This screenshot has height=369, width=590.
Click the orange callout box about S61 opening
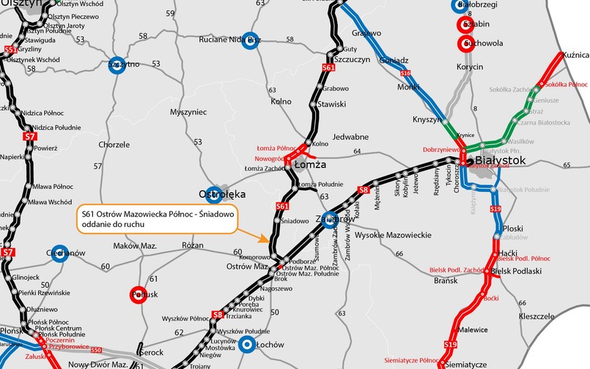pos(156,219)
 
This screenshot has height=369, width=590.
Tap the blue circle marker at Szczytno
pos(116,64)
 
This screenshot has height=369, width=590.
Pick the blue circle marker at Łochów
pos(248,343)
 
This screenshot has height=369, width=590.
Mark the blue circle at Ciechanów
pos(59,253)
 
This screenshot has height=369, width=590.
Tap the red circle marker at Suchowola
pos(463,44)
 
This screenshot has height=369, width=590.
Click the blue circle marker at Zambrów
pos(329,217)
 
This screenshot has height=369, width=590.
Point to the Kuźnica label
pos(575,55)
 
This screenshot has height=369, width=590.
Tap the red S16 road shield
pos(405,73)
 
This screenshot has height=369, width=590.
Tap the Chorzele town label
pos(114,145)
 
